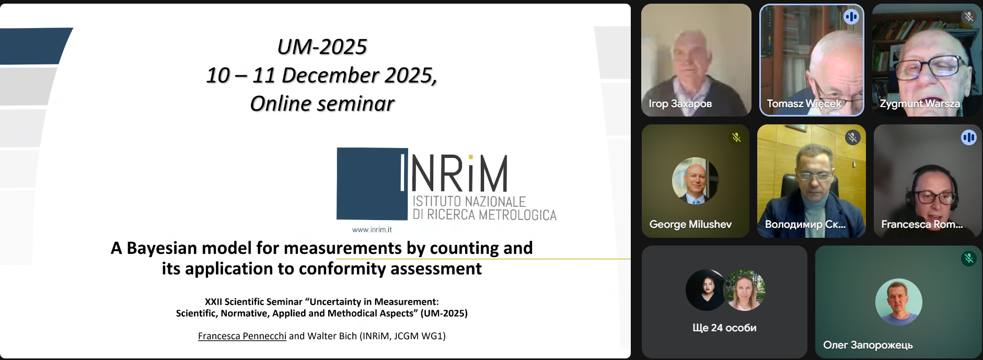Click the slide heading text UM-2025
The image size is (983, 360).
pyautogui.click(x=322, y=47)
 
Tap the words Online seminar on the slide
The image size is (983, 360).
pyautogui.click(x=322, y=103)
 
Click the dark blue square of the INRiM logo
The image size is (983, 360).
pyautogui.click(x=372, y=183)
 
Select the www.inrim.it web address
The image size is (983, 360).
pyautogui.click(x=372, y=229)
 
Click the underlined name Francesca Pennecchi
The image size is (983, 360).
pyautogui.click(x=242, y=336)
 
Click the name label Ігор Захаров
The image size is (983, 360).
pyautogui.click(x=680, y=103)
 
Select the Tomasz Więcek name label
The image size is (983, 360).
pyautogui.click(x=804, y=103)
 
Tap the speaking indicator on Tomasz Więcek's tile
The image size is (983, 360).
pyautogui.click(x=851, y=17)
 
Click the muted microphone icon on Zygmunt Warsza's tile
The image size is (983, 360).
pyautogui.click(x=968, y=17)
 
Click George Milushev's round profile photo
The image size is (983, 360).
pyautogui.click(x=695, y=181)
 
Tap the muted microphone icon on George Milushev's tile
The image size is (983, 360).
pyautogui.click(x=736, y=137)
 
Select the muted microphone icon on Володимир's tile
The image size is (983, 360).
pyautogui.click(x=852, y=137)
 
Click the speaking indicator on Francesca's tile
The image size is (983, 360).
pyautogui.click(x=968, y=137)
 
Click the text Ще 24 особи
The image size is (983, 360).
pyautogui.click(x=724, y=328)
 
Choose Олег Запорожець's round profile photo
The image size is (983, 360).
pyautogui.click(x=898, y=302)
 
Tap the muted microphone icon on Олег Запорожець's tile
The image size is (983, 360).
pyautogui.click(x=968, y=258)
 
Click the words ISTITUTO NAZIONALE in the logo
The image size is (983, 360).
pyautogui.click(x=469, y=202)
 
